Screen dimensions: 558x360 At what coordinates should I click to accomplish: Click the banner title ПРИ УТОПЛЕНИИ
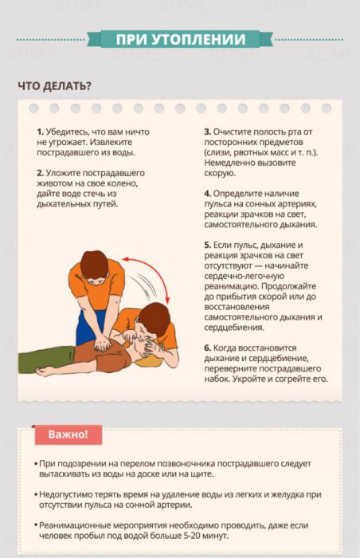pos(179,40)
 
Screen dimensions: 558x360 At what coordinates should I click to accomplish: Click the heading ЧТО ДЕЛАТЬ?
pos(54,86)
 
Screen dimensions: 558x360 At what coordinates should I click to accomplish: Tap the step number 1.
pos(39,131)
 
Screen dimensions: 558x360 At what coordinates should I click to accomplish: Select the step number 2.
pos(39,172)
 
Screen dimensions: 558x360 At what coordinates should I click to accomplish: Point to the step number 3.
pos(206,131)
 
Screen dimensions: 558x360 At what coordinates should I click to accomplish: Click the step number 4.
pos(206,193)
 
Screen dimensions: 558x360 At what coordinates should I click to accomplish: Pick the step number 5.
pos(206,244)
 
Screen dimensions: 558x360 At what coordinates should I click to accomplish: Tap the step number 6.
pos(206,348)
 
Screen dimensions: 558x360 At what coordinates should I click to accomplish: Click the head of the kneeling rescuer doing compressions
pos(95,265)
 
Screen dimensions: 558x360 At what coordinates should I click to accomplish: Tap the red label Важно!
pos(68,434)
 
